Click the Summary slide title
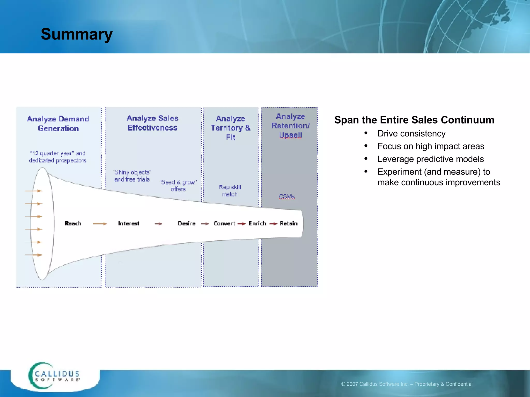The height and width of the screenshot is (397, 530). point(77,34)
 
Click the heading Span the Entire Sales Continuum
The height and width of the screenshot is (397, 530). point(414,120)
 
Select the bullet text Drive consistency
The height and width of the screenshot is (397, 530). point(411,134)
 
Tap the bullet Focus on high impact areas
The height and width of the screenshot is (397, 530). point(431,146)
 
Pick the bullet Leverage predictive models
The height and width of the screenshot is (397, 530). point(430,159)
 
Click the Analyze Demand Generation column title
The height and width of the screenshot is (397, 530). point(58,124)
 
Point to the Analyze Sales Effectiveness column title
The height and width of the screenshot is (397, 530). point(152,123)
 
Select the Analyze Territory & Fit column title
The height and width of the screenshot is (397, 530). point(231,128)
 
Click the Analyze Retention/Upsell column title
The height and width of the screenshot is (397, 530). point(290,126)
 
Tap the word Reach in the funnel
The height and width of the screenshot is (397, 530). point(73,223)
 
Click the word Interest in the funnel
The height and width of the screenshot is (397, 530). point(128,223)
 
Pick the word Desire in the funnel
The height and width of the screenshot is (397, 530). point(186,223)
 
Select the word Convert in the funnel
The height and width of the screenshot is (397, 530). point(224,223)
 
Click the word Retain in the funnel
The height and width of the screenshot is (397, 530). point(289,223)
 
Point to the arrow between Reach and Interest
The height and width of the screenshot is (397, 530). point(100,224)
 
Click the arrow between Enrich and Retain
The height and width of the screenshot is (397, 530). point(273,224)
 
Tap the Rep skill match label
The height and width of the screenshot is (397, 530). point(230,190)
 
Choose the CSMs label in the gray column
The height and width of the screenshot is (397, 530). point(287,196)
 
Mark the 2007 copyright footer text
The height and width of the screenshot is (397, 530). point(407,384)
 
